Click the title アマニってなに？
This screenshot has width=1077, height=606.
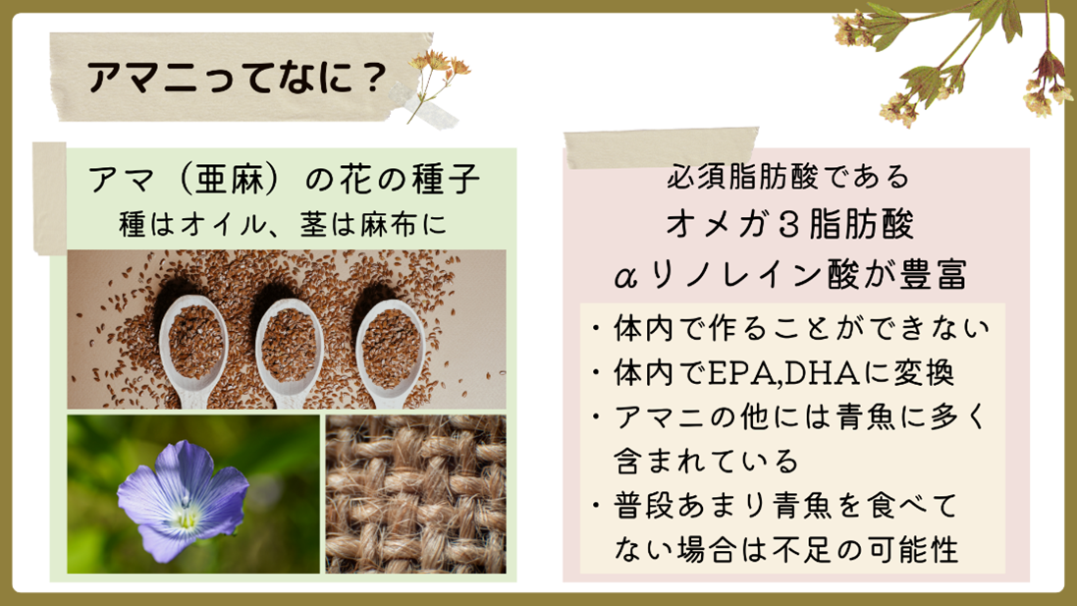[x=235, y=78]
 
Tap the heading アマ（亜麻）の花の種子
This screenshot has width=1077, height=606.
[x=284, y=183]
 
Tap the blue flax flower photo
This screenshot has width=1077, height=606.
[x=193, y=494]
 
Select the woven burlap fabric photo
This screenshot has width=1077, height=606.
[x=416, y=494]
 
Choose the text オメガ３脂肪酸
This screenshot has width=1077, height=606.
[x=789, y=225]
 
